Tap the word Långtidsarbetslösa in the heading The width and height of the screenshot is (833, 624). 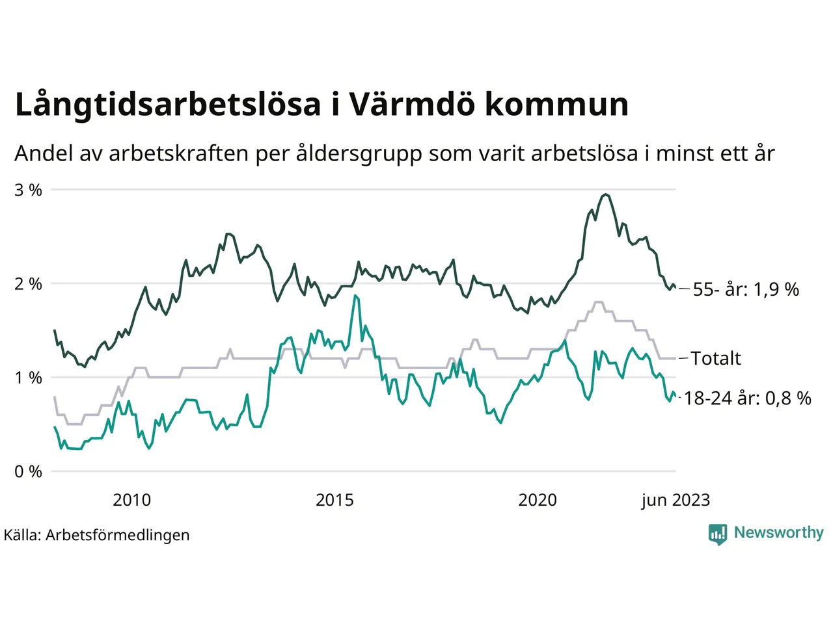(x=168, y=105)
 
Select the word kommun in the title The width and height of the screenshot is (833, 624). (x=556, y=105)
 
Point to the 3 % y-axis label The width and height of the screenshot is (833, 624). (x=28, y=190)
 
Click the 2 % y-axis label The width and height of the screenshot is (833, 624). (x=28, y=284)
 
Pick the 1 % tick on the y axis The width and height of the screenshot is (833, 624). (x=28, y=378)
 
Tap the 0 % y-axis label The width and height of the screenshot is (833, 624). (x=28, y=472)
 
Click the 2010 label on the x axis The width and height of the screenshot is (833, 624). (x=131, y=500)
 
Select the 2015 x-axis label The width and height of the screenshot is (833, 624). (x=335, y=500)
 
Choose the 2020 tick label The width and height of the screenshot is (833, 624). (x=538, y=500)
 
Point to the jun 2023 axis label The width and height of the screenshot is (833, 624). (x=676, y=500)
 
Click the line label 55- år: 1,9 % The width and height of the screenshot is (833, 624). (x=746, y=289)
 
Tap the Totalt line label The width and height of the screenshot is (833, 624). (x=716, y=358)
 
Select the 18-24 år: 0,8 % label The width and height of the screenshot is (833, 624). (x=748, y=398)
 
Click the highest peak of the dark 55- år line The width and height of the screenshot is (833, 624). (x=606, y=194)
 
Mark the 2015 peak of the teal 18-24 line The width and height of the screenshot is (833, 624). (x=355, y=295)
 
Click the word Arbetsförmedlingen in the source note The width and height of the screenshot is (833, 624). (x=118, y=535)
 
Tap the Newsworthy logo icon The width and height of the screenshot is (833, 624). (x=718, y=534)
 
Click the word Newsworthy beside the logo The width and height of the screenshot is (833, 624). (x=778, y=532)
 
